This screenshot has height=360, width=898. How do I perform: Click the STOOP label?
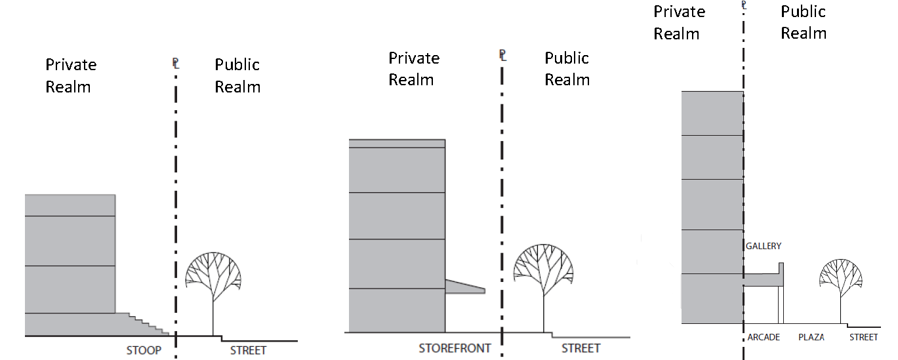click(x=144, y=350)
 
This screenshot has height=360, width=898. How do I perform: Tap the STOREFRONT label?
click(x=455, y=348)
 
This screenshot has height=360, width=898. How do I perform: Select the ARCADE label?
click(x=764, y=337)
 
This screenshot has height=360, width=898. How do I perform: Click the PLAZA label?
click(x=811, y=337)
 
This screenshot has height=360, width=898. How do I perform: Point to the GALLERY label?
click(x=764, y=246)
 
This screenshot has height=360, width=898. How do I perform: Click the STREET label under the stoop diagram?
click(x=248, y=350)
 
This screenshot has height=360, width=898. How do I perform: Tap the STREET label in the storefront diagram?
click(x=581, y=348)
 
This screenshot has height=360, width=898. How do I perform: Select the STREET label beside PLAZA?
click(x=863, y=337)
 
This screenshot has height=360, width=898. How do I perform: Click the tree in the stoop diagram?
click(x=213, y=275)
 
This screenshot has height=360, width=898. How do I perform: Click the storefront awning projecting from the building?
click(x=464, y=287)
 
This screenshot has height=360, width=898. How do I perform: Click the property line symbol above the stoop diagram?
click(x=175, y=64)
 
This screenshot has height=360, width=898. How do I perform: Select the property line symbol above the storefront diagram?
click(x=502, y=55)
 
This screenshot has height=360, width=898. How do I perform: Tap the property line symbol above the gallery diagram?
click(x=744, y=5)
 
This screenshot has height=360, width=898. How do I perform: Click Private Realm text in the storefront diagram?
click(x=411, y=69)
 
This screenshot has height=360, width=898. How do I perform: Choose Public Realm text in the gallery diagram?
click(x=803, y=22)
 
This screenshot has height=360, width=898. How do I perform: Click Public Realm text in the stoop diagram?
click(x=237, y=75)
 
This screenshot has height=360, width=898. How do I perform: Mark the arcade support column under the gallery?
click(x=781, y=305)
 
